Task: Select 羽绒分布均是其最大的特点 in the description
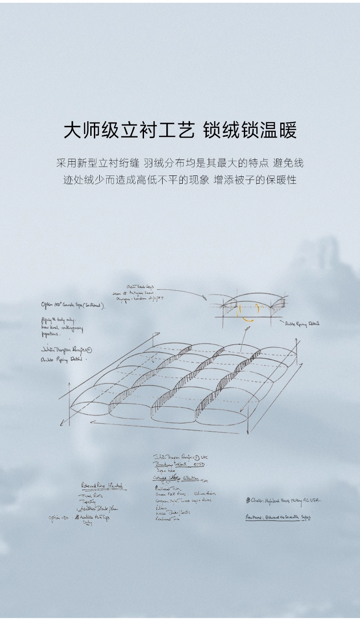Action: point(201,163)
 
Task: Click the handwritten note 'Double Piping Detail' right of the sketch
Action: point(302,323)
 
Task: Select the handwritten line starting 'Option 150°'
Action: point(73,305)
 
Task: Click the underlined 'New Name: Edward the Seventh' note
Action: point(278,517)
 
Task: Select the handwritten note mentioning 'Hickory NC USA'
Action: point(283,500)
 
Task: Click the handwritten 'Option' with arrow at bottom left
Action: point(58,518)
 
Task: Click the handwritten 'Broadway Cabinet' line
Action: point(179,464)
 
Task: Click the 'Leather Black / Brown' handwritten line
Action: point(98,509)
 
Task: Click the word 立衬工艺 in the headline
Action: point(158,130)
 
